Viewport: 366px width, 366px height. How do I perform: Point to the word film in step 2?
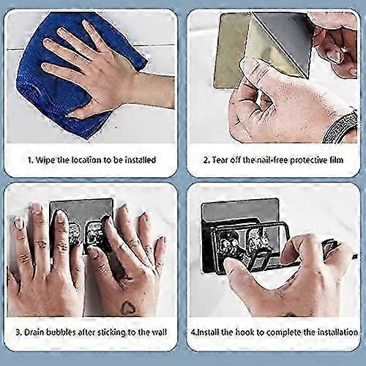337,160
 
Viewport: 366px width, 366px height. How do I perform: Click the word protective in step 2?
309,160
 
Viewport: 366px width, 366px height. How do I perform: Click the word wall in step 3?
160,332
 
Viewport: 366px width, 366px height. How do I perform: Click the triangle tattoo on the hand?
126,307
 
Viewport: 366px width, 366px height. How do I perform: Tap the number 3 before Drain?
18,332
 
